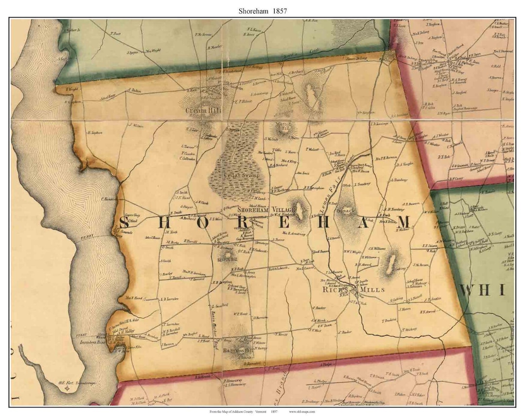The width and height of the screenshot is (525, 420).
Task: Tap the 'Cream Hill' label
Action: [x=203, y=111]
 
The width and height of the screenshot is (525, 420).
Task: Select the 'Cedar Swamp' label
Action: [x=242, y=175]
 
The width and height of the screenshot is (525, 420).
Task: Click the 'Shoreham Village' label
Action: [x=263, y=209]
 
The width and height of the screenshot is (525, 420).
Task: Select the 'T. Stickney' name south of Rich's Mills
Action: [x=410, y=330]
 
